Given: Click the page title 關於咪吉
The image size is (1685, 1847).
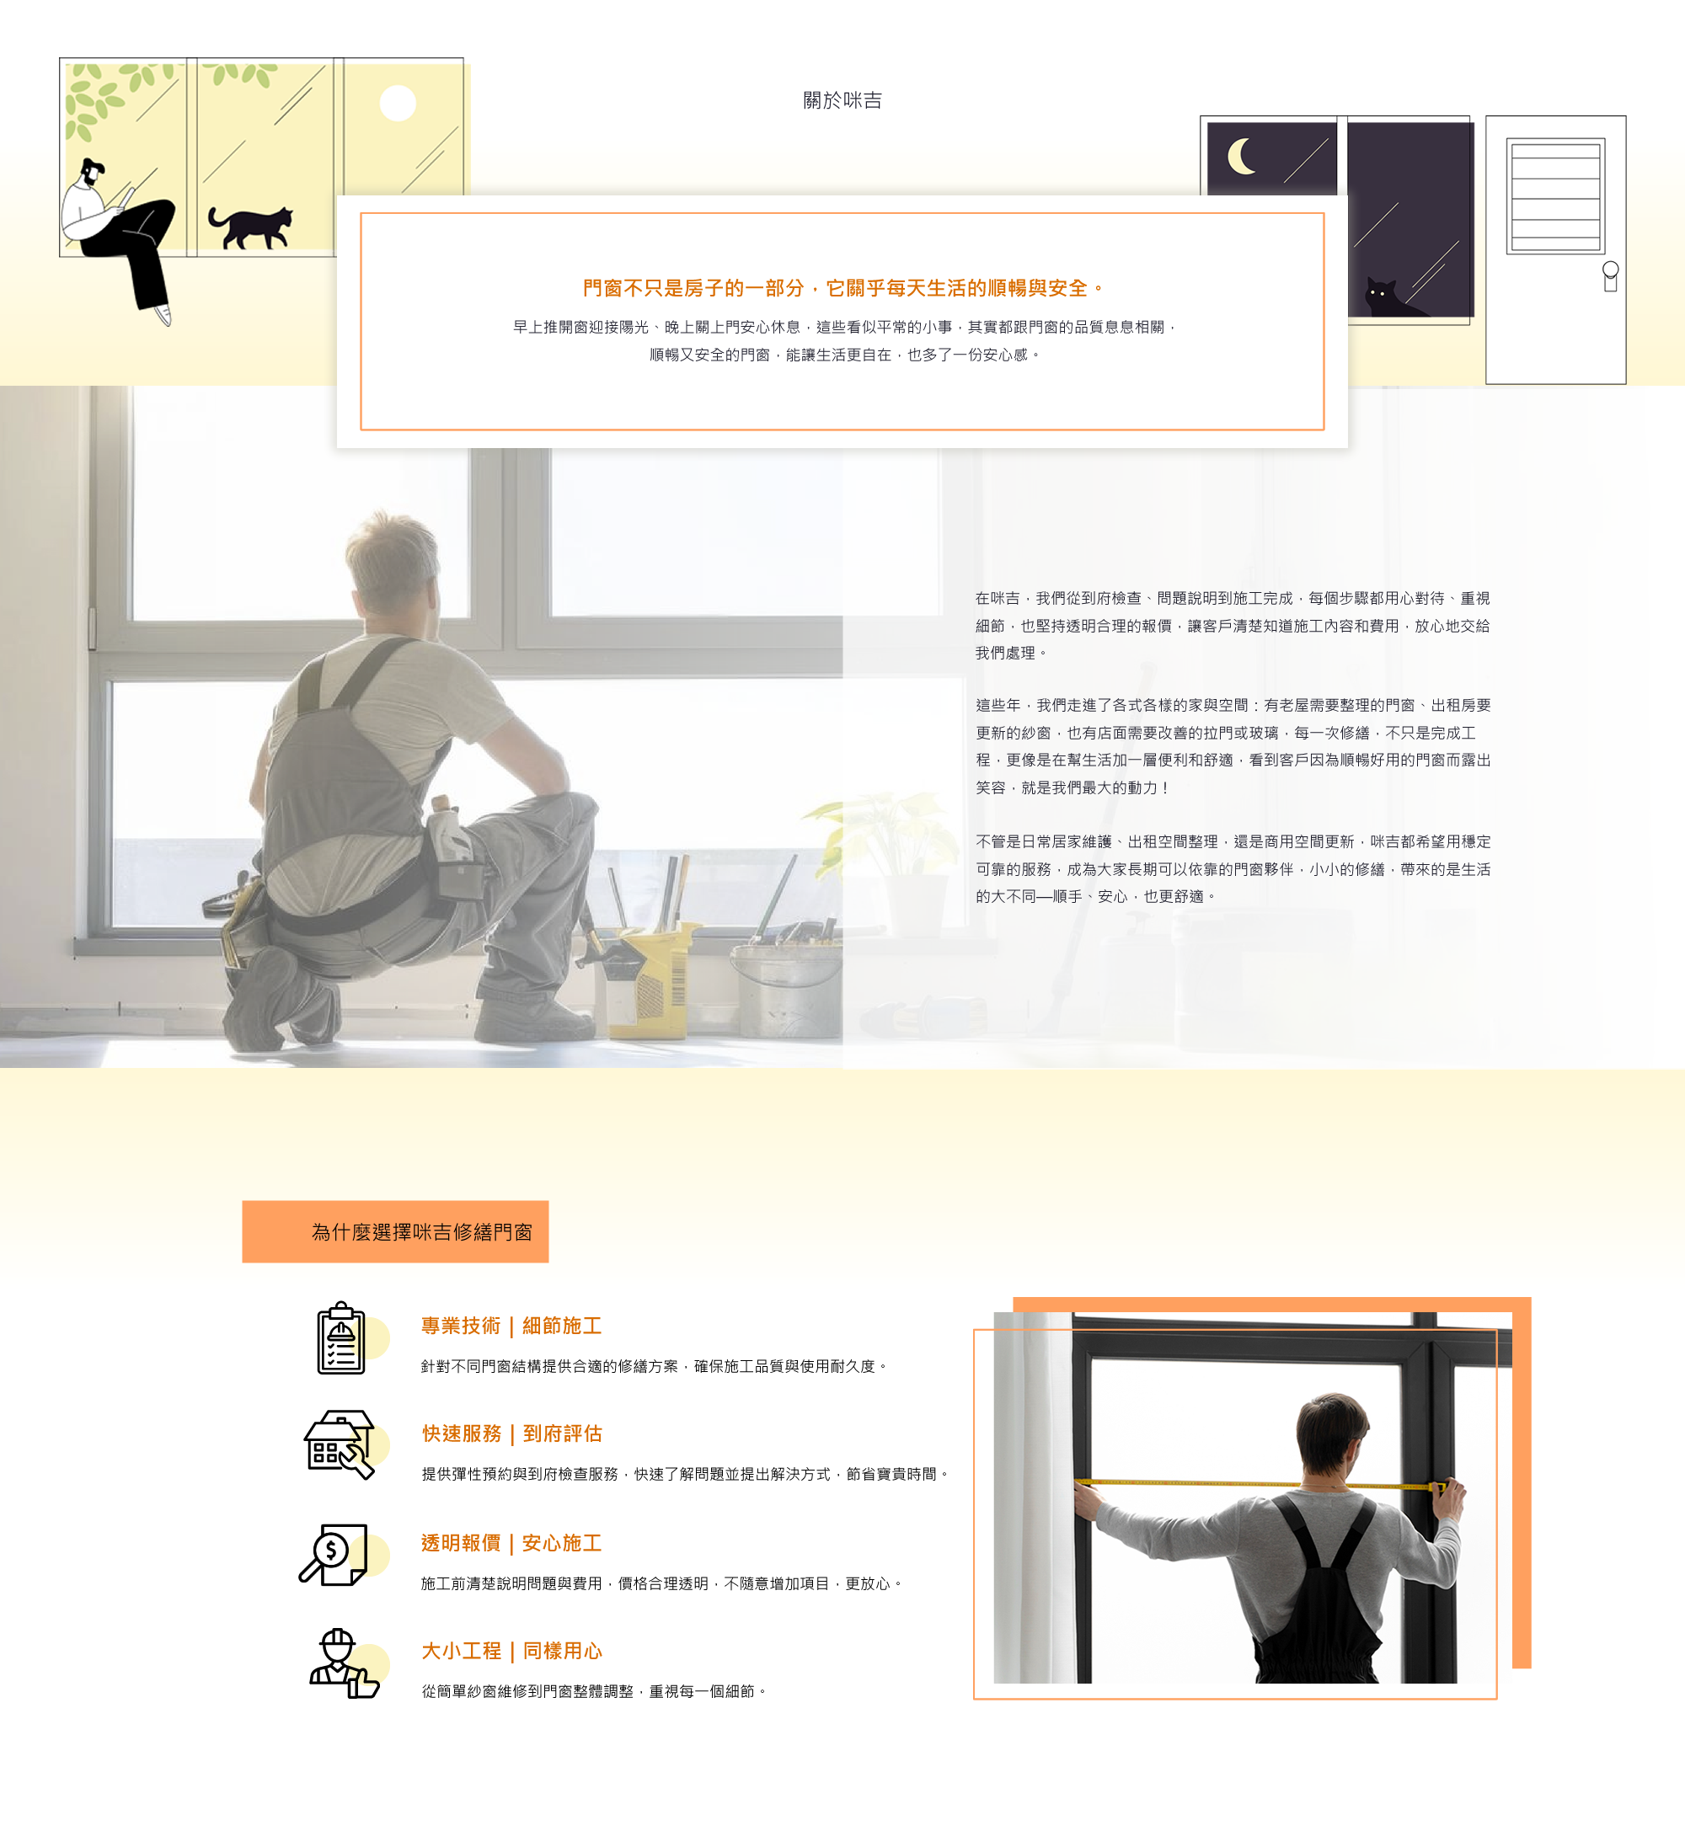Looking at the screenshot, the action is coord(842,100).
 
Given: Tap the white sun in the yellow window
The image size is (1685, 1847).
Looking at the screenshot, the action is coord(398,104).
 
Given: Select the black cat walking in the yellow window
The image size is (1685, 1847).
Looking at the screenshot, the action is coord(250,227).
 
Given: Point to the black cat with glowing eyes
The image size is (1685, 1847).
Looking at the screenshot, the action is coord(1393,299).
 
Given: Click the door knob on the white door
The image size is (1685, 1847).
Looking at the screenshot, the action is coord(1610,275).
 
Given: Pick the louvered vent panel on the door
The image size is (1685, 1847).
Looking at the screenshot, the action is coord(1555,196).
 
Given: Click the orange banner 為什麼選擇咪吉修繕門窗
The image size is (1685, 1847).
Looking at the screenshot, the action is coord(395,1231).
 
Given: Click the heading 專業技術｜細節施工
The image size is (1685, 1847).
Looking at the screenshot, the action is coord(511,1326).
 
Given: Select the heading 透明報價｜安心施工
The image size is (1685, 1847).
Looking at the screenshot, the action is coord(511,1543).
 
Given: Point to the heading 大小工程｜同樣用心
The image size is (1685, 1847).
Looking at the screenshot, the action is coord(511,1651).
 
